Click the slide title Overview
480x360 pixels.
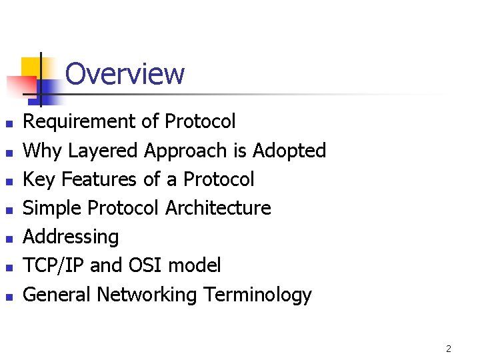coord(125,74)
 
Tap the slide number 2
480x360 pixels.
coord(449,349)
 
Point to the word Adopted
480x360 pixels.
coord(289,151)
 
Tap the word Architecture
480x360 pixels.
coord(218,208)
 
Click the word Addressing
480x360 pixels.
coord(71,237)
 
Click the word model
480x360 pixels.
coord(194,266)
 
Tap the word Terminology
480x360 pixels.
coord(258,295)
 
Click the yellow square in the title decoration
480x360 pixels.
coord(30,67)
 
